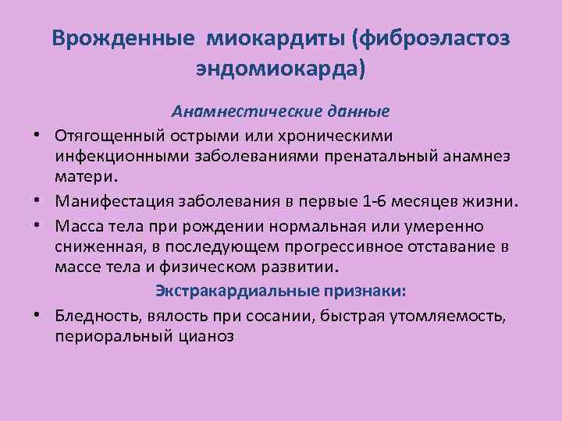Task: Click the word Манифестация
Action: [106, 203]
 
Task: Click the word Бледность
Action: [94, 316]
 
